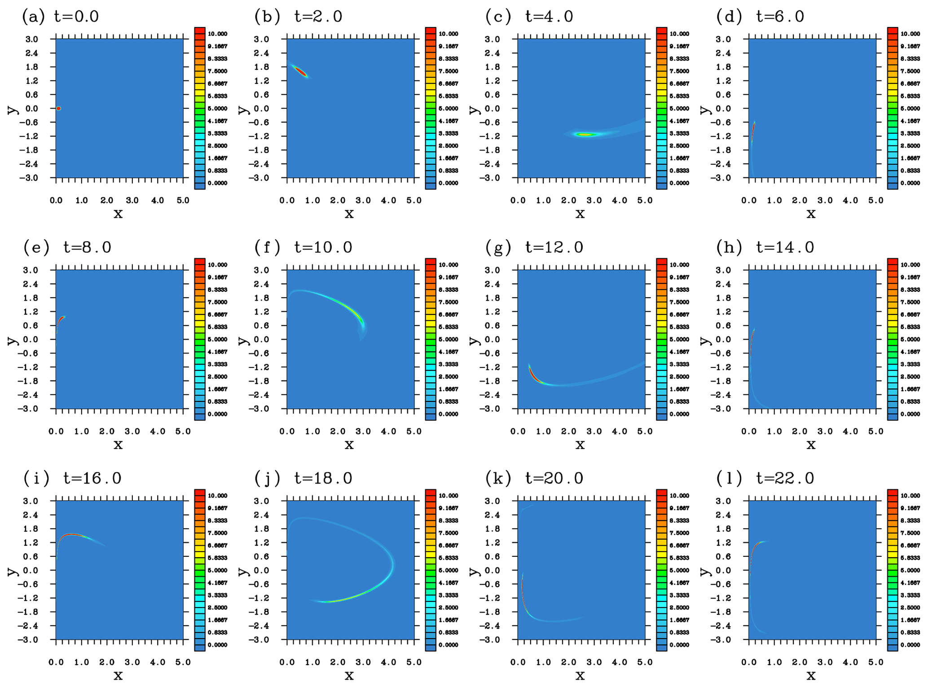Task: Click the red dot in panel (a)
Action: pos(59,108)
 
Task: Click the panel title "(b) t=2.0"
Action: pos(298,17)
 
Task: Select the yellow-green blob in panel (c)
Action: pos(585,134)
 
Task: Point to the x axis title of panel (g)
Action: pos(580,445)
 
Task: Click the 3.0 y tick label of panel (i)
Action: pos(31,501)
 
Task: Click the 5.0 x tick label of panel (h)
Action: pos(875,431)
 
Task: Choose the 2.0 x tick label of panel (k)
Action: pos(568,662)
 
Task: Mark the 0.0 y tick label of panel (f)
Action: pos(262,339)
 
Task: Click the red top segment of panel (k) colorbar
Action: pos(661,493)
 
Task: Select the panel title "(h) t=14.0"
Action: pos(765,247)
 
